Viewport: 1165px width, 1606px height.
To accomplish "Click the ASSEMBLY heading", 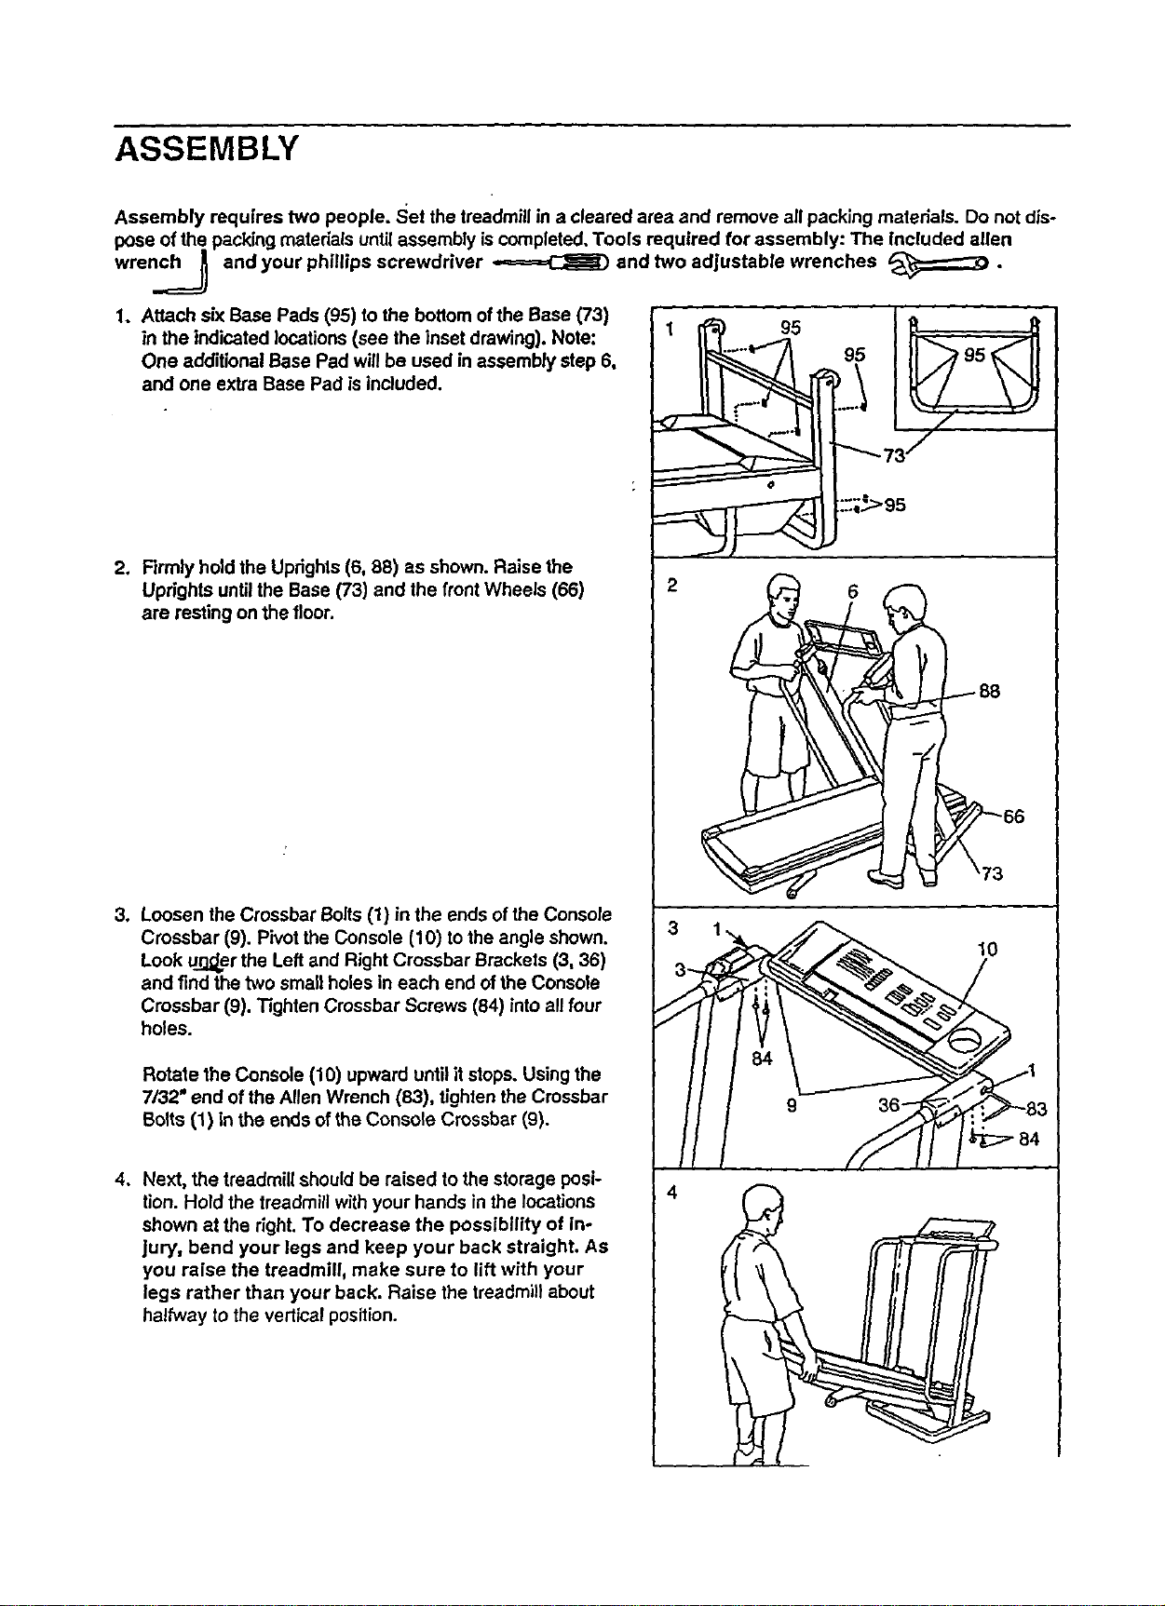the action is coord(206,148).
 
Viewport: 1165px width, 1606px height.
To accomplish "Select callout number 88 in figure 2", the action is coord(990,692).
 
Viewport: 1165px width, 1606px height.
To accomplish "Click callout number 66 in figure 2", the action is coord(1013,817).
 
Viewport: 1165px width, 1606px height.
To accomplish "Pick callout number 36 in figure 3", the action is coord(889,1105).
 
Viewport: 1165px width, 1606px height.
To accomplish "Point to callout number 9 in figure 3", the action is coord(790,1107).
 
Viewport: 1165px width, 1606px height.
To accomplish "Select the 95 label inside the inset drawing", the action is coord(975,357).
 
